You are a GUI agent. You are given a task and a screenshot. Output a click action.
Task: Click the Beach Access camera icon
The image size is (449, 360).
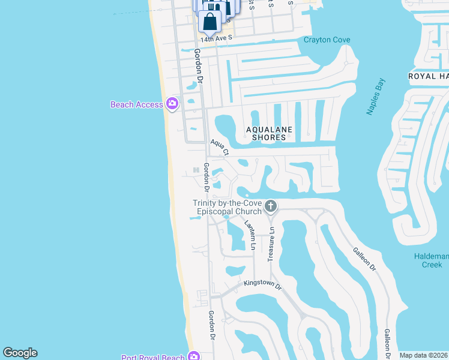pyautogui.click(x=172, y=104)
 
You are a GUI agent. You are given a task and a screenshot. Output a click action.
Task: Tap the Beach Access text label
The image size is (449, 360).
pyautogui.click(x=136, y=104)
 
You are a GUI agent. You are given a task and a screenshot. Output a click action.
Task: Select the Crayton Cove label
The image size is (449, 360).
pyautogui.click(x=327, y=40)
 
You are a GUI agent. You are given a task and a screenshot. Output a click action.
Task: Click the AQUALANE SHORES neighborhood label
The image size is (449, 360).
pyautogui.click(x=268, y=133)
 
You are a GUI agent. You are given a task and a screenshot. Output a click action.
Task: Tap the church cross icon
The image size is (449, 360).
pyautogui.click(x=271, y=207)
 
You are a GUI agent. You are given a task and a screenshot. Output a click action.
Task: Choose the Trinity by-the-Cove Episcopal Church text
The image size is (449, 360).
pyautogui.click(x=227, y=207)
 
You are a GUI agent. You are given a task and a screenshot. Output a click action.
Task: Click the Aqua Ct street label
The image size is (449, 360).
pyautogui.click(x=220, y=148)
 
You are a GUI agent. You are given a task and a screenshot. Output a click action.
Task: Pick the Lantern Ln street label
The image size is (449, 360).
pyautogui.click(x=250, y=235)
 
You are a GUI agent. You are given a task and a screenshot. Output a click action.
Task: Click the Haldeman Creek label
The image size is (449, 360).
pyautogui.click(x=428, y=260)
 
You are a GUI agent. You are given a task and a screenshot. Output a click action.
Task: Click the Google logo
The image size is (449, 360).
pyautogui.click(x=20, y=353)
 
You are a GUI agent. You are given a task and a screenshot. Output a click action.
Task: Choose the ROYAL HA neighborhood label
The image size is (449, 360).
pyautogui.click(x=428, y=76)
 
